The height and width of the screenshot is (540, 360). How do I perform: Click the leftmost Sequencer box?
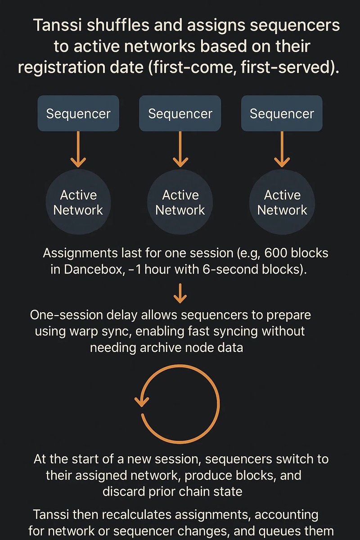click(x=78, y=113)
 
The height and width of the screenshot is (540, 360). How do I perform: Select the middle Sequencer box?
click(x=180, y=113)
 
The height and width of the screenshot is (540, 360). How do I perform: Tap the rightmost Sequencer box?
click(x=282, y=113)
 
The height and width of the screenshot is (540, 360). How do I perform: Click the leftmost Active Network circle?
click(x=78, y=202)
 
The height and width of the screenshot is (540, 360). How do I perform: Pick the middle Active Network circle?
click(x=180, y=202)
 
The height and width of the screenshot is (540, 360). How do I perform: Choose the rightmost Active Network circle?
click(x=282, y=202)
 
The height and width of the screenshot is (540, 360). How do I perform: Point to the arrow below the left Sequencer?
click(x=78, y=148)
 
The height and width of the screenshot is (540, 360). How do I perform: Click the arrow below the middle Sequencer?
click(x=180, y=148)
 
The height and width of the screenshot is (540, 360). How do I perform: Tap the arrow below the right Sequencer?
click(x=282, y=148)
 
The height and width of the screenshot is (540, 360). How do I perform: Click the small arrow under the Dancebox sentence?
click(x=180, y=293)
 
